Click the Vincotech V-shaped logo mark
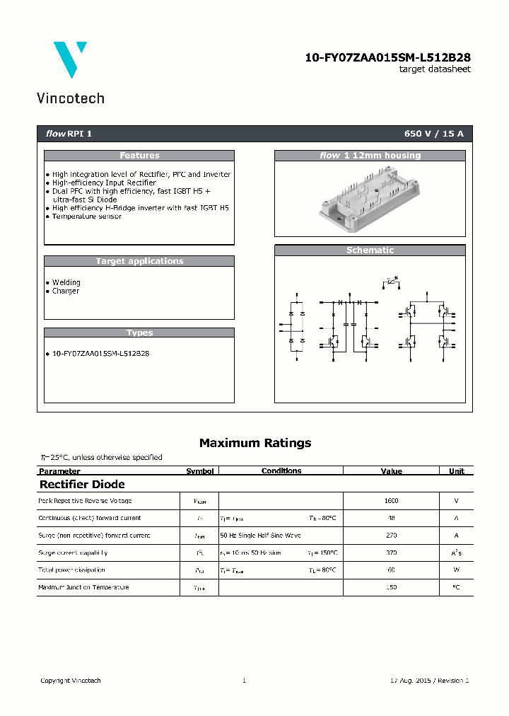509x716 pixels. pyautogui.click(x=70, y=59)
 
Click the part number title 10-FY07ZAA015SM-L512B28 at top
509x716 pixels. pyautogui.click(x=387, y=58)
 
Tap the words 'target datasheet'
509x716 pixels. pyautogui.click(x=434, y=69)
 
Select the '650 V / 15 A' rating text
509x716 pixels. pyautogui.click(x=433, y=134)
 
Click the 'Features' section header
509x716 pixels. pyautogui.click(x=139, y=156)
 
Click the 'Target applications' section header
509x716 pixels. pyautogui.click(x=139, y=261)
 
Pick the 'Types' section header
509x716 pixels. pyautogui.click(x=139, y=333)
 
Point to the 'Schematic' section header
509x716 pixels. pyautogui.click(x=370, y=250)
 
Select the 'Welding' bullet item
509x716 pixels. pyautogui.click(x=66, y=282)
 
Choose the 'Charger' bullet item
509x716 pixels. pyautogui.click(x=66, y=291)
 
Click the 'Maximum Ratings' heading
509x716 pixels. pyautogui.click(x=255, y=443)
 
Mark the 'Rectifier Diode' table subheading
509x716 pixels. pyautogui.click(x=82, y=485)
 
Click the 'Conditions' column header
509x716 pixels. pyautogui.click(x=281, y=470)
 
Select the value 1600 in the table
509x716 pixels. pyautogui.click(x=391, y=501)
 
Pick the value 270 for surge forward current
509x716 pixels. pyautogui.click(x=391, y=536)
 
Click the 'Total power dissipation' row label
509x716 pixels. pyautogui.click(x=71, y=570)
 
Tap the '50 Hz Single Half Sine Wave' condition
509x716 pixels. pyautogui.click(x=260, y=536)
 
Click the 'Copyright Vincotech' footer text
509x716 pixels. pyautogui.click(x=71, y=681)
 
